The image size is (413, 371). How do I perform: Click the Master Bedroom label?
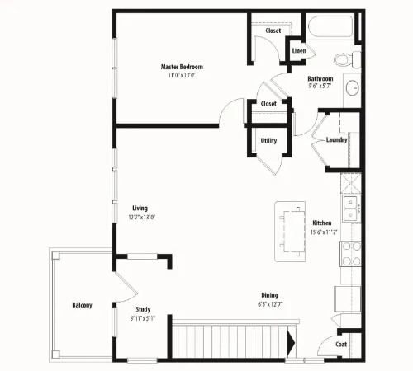182,67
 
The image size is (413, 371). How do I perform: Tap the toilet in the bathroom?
347,59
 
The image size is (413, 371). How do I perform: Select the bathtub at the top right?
330,26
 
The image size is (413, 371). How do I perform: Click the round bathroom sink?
352,87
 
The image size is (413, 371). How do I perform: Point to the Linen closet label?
299,51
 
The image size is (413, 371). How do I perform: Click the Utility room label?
268,141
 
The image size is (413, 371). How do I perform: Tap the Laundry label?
336,140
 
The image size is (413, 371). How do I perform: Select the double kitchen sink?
350,208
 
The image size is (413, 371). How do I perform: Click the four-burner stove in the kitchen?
351,254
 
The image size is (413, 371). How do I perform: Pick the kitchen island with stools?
290,232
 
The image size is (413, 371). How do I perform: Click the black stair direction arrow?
291,343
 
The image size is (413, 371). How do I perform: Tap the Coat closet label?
341,345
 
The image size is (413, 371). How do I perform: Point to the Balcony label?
82,305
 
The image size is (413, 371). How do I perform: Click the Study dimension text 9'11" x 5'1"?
143,318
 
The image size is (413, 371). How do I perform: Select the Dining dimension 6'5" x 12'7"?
270,304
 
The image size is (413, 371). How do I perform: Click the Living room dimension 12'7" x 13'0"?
142,217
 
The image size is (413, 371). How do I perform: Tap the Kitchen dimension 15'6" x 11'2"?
324,232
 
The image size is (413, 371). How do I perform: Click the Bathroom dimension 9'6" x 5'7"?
320,86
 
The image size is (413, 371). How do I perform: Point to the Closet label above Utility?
268,104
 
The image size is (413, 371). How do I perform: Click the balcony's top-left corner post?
55,256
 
